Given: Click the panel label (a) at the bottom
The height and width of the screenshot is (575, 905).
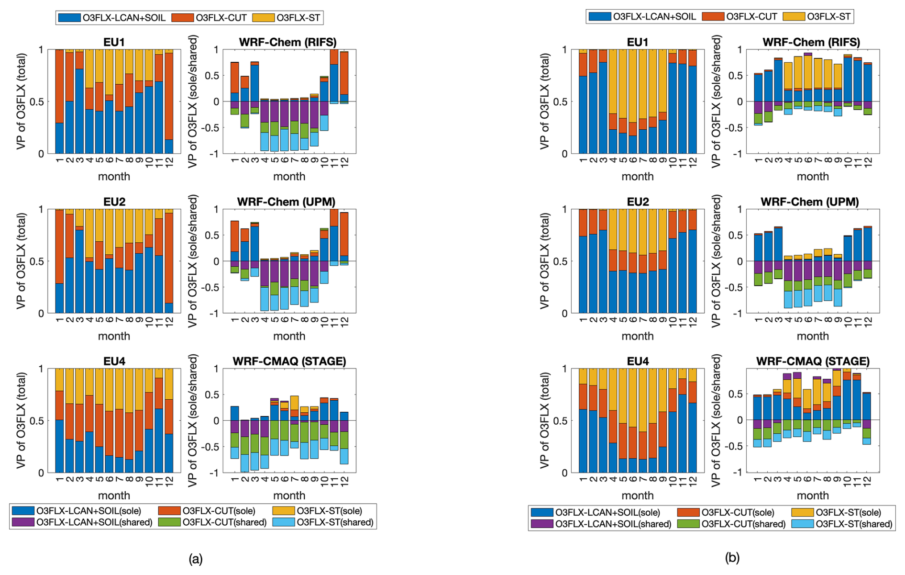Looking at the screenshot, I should pos(196,559).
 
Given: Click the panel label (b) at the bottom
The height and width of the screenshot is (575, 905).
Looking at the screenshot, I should pos(732,557).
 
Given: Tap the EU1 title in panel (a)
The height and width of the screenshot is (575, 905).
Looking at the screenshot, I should pos(114,42).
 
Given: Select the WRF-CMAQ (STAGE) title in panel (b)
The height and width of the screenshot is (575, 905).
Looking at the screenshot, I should pos(813,361).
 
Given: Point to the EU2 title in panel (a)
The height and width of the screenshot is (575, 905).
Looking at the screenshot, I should pos(114,202).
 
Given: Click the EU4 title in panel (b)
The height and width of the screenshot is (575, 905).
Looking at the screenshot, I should pos(638,361).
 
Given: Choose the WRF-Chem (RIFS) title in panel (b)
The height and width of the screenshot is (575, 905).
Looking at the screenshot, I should pos(813,42).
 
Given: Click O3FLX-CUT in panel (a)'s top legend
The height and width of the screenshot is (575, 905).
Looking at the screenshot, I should pos(221,18).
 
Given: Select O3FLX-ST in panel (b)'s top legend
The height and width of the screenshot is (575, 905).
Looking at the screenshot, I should pos(828,17).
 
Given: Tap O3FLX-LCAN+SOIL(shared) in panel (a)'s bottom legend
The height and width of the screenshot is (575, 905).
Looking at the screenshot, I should pos(94,522).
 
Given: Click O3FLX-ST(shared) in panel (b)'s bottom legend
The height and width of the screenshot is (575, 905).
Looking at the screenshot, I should pos(854,524).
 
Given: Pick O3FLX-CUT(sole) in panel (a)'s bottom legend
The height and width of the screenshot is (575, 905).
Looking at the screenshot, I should pos(219,511).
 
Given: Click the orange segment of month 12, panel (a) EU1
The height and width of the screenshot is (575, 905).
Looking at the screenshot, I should pos(168,96).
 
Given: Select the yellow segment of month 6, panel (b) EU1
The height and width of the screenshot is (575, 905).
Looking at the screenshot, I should pos(632,86).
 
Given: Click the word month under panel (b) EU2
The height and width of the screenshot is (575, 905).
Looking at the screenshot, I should pos(638,336).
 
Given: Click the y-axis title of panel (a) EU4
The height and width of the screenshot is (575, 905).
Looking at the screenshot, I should pos(21,420).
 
